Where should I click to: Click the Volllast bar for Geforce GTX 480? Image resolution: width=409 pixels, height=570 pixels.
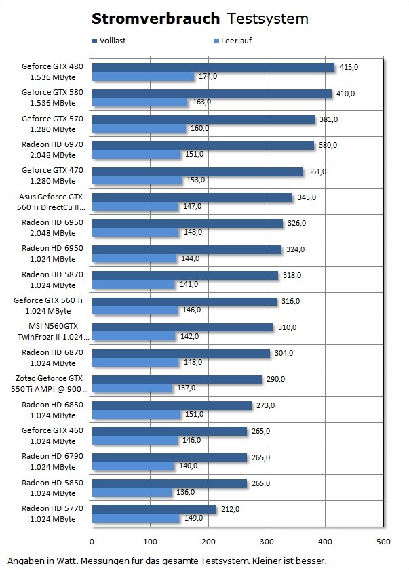click(213, 67)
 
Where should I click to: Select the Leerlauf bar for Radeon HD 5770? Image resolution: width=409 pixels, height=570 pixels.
click(136, 518)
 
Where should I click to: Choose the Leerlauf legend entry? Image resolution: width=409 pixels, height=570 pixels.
click(233, 41)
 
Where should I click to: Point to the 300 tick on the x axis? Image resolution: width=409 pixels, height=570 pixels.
click(267, 542)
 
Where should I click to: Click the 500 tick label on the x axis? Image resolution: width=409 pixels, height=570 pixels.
click(384, 542)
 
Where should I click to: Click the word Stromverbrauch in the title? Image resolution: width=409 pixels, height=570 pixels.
click(156, 18)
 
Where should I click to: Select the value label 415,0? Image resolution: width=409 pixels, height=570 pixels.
click(349, 67)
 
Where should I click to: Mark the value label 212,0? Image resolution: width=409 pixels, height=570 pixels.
click(230, 510)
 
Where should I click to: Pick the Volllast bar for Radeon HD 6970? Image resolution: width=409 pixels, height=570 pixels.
click(203, 145)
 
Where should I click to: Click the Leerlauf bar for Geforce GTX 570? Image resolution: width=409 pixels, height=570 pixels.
click(138, 128)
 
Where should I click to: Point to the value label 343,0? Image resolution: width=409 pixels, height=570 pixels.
click(307, 197)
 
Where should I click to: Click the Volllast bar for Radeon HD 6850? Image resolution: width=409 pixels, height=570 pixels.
click(172, 405)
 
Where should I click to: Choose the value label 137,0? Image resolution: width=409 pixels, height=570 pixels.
click(186, 388)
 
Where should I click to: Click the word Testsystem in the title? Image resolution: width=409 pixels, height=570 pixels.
click(267, 18)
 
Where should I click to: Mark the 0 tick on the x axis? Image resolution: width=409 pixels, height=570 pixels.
click(92, 542)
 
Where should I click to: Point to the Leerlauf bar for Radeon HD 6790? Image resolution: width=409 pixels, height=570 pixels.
click(133, 466)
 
